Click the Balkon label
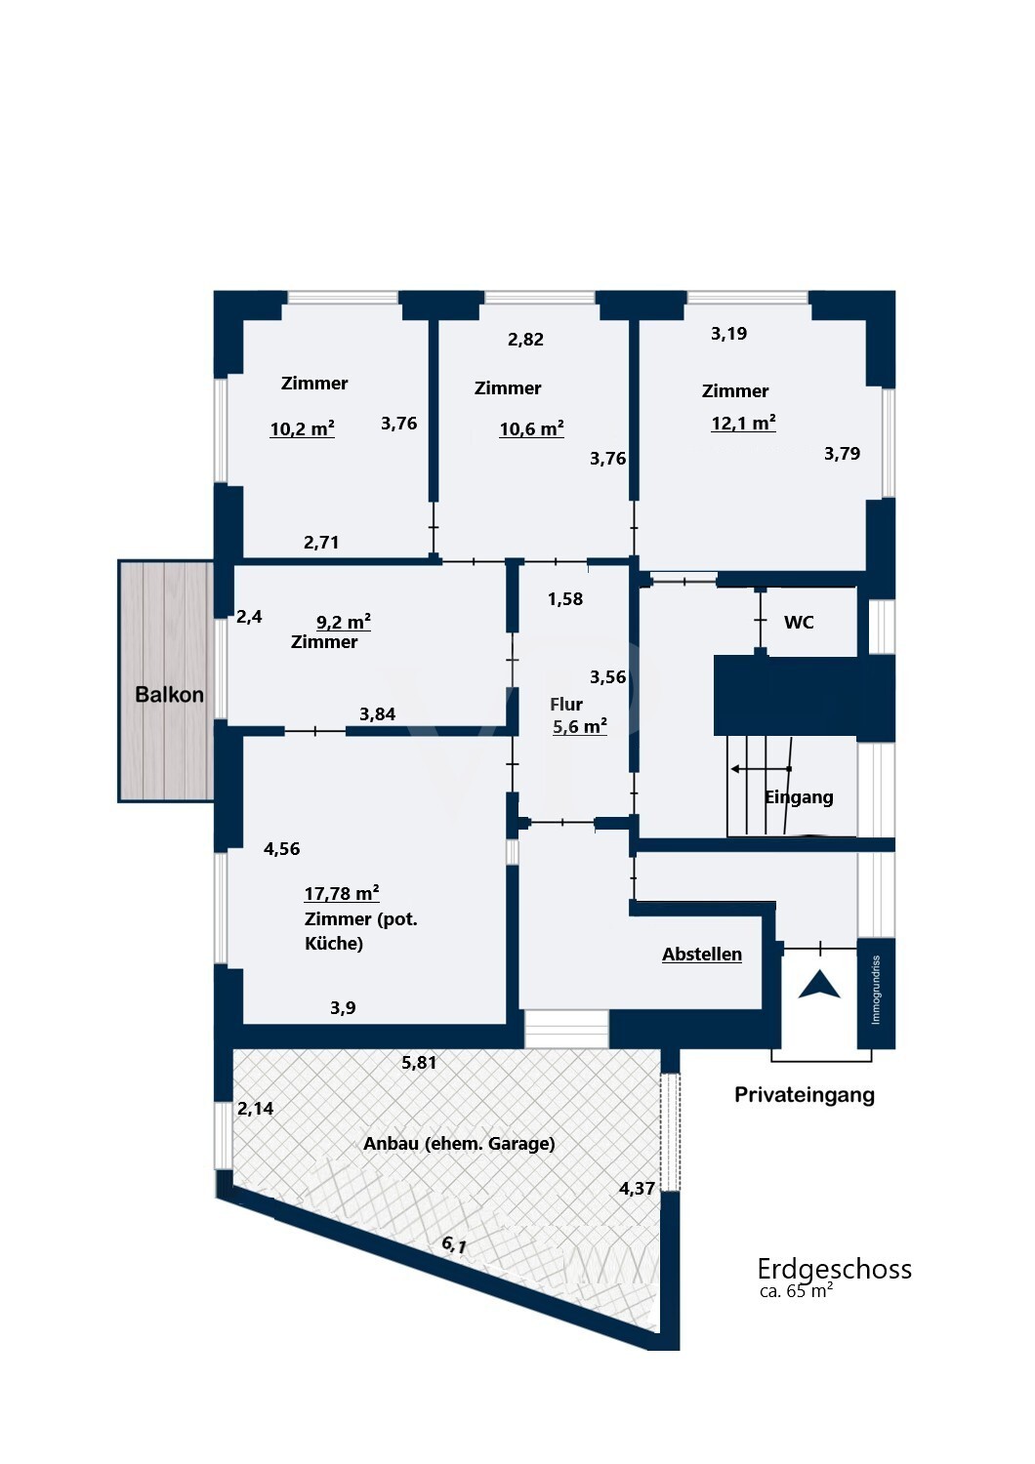169,695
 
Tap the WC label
799,623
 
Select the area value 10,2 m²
302,428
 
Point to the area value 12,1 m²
743,423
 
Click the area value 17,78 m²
341,893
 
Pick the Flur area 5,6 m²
579,726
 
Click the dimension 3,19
728,334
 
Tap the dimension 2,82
525,340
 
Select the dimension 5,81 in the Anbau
419,1063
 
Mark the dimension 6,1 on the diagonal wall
454,1244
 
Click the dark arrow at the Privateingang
819,985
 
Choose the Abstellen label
701,955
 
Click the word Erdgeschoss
834,1269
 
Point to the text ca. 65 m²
796,1291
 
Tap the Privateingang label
804,1095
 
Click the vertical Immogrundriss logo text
876,990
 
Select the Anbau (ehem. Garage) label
459,1144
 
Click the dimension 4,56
281,849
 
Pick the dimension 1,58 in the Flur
564,599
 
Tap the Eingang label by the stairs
799,797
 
